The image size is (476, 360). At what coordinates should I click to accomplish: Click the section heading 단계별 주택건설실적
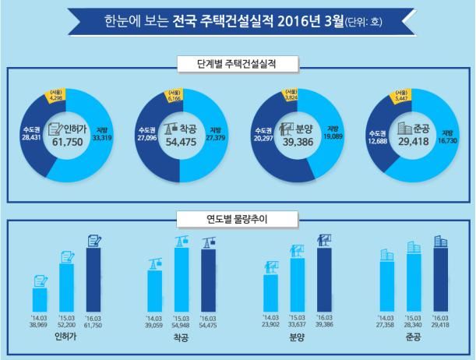238,62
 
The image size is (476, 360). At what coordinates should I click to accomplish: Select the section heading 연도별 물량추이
238,220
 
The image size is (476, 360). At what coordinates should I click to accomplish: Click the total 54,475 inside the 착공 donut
181,143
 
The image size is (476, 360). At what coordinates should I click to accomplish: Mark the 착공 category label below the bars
182,338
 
